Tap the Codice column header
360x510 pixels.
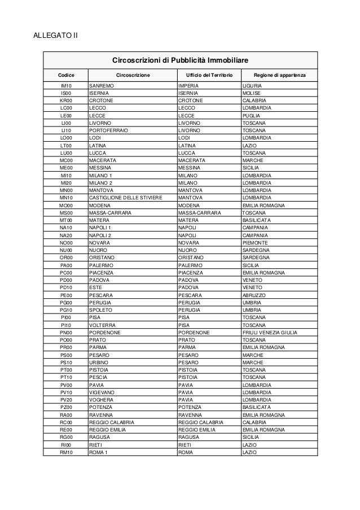66,75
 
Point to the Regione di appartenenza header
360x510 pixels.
279,75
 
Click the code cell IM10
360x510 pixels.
66,85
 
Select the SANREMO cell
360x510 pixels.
102,85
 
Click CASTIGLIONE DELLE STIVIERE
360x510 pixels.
125,198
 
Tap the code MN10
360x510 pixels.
66,198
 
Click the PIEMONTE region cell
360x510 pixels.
254,243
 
